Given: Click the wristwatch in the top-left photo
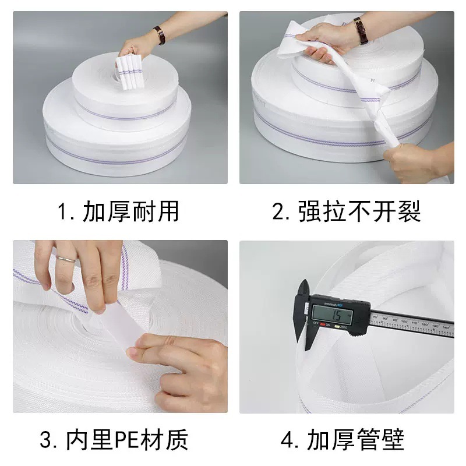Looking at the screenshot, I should click(159, 35).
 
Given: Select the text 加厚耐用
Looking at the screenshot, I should click(130, 211).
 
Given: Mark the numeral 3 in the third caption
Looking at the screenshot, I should click(47, 439).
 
